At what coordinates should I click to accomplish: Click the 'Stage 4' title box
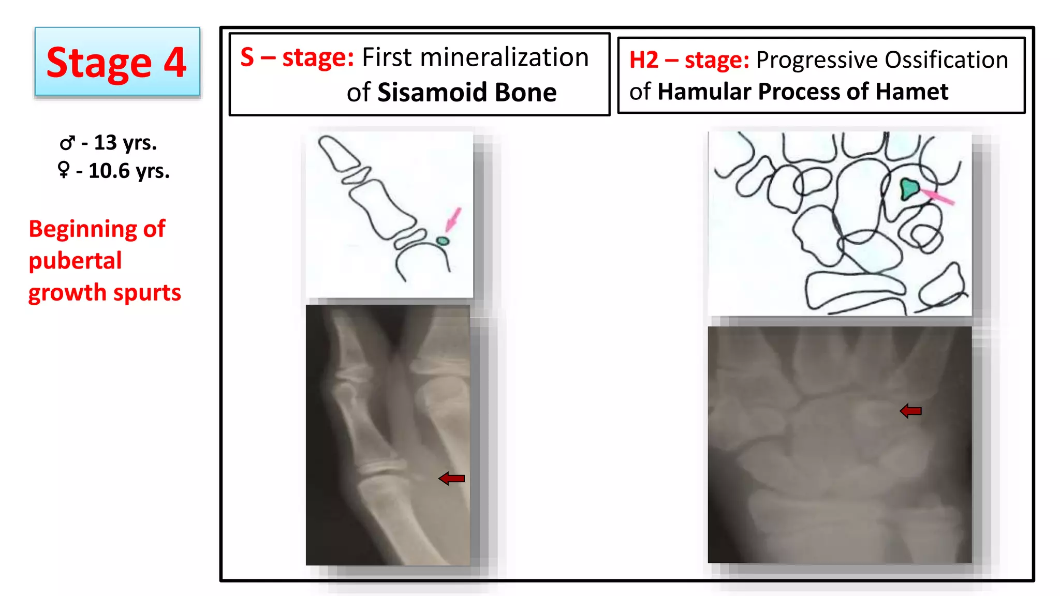point(117,62)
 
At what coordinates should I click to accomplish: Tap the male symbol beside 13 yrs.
point(67,143)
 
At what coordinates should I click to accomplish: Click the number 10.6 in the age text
point(109,171)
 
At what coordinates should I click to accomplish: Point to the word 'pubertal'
point(75,261)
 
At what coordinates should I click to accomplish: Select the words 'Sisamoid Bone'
point(467,93)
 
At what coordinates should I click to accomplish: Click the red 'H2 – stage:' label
point(689,60)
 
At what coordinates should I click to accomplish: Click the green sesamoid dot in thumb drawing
point(443,241)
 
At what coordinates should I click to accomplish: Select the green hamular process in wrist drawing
point(909,189)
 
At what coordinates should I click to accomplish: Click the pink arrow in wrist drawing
point(938,197)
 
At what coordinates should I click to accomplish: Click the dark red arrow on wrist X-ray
point(910,411)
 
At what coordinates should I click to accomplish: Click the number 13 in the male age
point(105,143)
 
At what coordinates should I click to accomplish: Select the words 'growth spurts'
point(105,293)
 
